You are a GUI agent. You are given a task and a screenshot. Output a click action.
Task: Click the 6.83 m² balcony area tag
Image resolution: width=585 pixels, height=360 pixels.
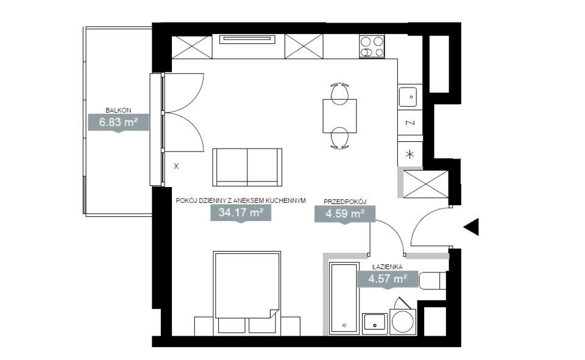(118, 122)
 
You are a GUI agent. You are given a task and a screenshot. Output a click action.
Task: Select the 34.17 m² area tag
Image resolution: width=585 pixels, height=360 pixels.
(241, 213)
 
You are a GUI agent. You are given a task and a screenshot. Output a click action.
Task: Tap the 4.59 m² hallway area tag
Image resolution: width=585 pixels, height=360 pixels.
(345, 214)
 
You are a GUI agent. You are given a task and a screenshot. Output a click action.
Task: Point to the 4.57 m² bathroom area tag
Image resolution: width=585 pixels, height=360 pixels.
(388, 278)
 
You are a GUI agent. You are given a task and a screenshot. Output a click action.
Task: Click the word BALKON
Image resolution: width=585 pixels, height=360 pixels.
(118, 110)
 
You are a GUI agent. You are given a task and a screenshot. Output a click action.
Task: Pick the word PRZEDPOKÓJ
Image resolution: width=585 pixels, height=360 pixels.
(345, 202)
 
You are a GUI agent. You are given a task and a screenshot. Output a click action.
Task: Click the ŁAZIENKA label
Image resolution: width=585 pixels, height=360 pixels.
(388, 267)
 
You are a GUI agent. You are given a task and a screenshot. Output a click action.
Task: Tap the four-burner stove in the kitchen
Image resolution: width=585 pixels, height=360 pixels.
(372, 46)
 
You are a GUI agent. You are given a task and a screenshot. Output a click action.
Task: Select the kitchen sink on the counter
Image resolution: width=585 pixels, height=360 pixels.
(408, 97)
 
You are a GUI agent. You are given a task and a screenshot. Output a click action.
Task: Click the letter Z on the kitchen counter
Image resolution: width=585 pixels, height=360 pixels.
(410, 122)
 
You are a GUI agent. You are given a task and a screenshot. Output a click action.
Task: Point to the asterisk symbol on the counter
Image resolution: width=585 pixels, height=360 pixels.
(410, 154)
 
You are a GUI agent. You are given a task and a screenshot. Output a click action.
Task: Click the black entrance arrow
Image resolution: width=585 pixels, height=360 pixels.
(471, 227)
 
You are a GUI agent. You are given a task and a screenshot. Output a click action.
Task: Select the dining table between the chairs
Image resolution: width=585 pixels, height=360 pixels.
(339, 116)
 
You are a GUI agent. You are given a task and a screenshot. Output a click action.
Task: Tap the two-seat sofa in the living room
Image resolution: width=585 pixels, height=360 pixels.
(247, 167)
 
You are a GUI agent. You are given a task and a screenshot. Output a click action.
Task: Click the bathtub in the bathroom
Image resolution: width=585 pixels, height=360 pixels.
(344, 298)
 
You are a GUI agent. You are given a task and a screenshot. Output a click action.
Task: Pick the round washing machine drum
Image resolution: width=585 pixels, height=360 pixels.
(403, 321)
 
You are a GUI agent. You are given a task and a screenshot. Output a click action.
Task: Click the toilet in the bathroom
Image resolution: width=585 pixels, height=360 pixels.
(433, 281)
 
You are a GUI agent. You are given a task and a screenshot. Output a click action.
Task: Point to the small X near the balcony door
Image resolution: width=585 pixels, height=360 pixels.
(176, 166)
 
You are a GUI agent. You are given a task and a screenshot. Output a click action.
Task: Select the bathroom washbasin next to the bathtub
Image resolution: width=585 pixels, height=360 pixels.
(375, 323)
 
